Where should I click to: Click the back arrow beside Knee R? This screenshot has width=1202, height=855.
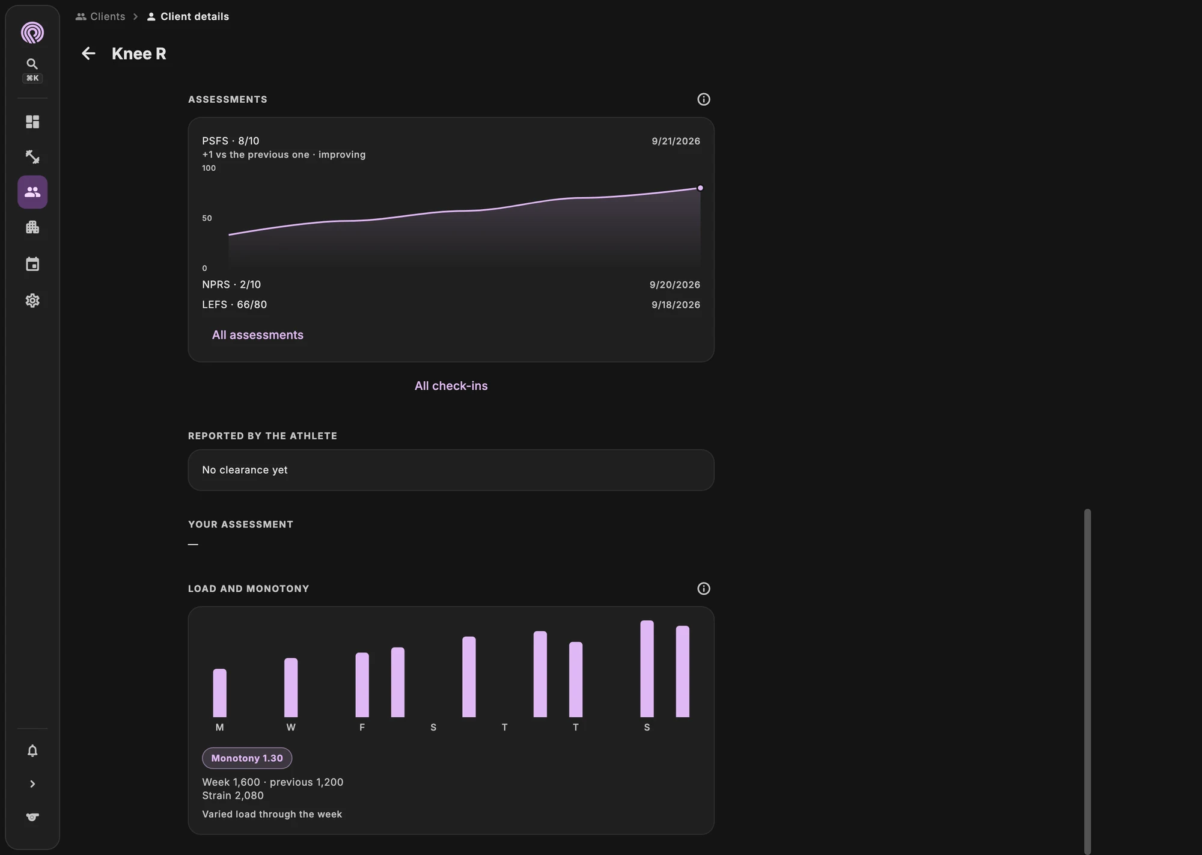[88, 54]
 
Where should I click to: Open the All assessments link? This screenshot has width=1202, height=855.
[257, 335]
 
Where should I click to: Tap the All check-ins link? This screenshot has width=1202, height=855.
[451, 386]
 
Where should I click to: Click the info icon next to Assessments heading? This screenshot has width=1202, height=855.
[703, 99]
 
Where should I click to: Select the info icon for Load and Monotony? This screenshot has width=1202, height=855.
[703, 589]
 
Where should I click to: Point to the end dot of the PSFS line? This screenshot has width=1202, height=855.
[700, 188]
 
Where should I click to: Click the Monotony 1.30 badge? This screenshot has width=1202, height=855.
[247, 758]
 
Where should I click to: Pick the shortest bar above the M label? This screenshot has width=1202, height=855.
[220, 693]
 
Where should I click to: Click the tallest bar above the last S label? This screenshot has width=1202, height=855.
[647, 669]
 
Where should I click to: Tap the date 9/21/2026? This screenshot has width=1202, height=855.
[676, 141]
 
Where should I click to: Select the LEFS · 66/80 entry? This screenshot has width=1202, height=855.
[234, 305]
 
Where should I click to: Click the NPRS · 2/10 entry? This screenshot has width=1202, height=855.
[231, 284]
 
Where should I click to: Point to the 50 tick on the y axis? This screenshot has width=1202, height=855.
[207, 218]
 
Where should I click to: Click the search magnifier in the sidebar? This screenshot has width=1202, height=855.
[32, 64]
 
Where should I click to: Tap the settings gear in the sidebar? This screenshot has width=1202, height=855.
[32, 301]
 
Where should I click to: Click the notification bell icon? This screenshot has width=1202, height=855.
[32, 751]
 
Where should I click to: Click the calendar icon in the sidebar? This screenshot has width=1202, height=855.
[32, 264]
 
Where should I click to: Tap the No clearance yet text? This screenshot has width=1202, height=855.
[245, 470]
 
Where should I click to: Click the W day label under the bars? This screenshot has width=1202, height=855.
[291, 728]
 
